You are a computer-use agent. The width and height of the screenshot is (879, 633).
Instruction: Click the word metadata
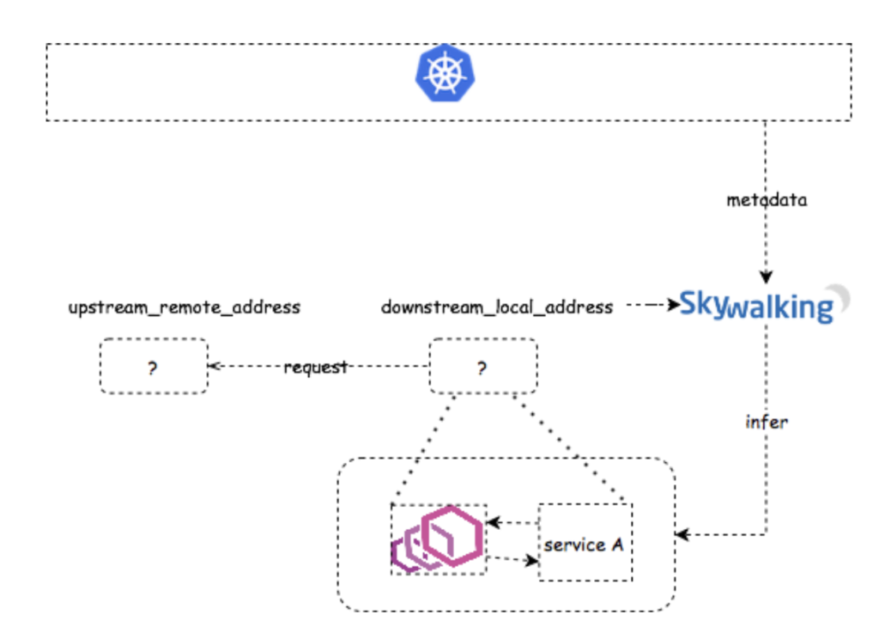(767, 201)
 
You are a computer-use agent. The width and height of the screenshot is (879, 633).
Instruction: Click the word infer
(767, 422)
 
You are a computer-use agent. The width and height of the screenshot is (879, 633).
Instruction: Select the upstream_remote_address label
(185, 307)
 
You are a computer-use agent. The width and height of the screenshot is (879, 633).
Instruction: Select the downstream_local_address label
(497, 307)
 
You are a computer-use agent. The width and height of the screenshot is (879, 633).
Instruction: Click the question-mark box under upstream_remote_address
(154, 367)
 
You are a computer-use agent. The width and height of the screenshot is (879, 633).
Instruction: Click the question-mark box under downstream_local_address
(482, 367)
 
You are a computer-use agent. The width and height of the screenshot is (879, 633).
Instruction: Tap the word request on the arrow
(316, 368)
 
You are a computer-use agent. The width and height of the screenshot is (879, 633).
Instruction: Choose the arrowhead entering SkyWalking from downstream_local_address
(674, 305)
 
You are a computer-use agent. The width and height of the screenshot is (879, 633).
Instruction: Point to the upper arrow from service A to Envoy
(512, 521)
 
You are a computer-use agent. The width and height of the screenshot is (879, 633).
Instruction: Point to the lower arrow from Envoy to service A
(512, 560)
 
